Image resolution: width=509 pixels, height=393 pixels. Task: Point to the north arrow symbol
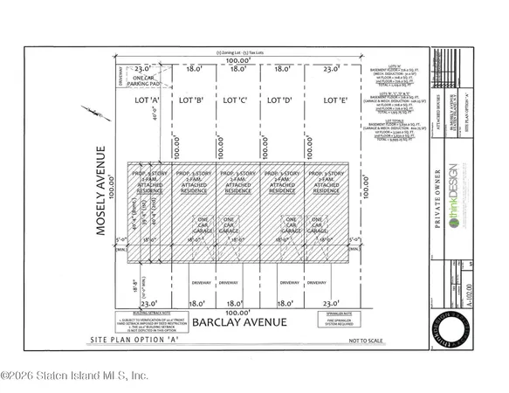[x=94, y=116]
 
